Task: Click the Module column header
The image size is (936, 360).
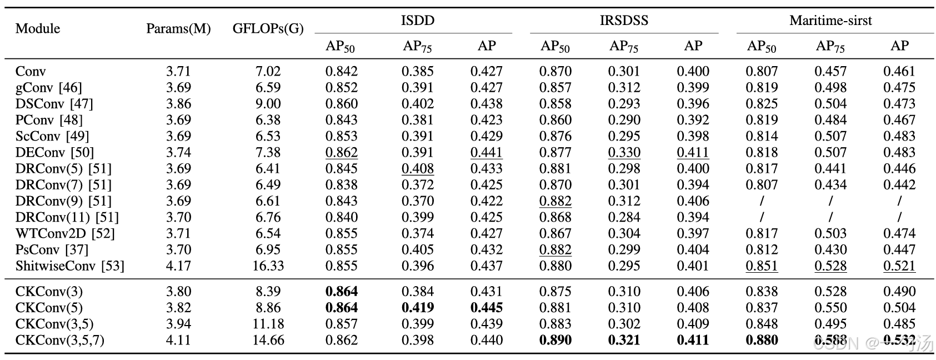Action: tap(38, 28)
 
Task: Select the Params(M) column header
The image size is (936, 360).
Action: tap(178, 28)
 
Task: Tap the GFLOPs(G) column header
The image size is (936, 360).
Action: tap(268, 28)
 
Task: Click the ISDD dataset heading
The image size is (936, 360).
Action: tap(417, 20)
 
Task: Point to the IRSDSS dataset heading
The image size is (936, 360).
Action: tap(624, 20)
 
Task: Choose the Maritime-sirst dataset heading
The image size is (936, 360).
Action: tap(830, 20)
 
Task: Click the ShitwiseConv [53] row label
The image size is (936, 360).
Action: tap(70, 266)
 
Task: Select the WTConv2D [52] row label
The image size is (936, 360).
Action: tap(65, 233)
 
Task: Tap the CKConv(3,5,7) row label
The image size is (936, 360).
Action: tap(60, 341)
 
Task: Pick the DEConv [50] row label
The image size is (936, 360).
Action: tap(55, 152)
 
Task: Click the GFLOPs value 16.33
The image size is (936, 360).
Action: tap(268, 266)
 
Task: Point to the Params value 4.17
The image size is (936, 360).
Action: tap(178, 266)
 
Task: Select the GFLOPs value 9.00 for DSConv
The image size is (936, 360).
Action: tap(268, 104)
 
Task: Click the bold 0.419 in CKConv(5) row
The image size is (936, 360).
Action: tap(417, 308)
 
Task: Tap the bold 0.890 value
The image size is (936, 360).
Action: tap(555, 340)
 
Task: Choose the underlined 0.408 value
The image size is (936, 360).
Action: tap(417, 168)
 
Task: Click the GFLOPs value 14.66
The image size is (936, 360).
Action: tap(268, 340)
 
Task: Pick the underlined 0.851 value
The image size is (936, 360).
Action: tap(762, 266)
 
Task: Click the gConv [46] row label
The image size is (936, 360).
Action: tap(48, 87)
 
